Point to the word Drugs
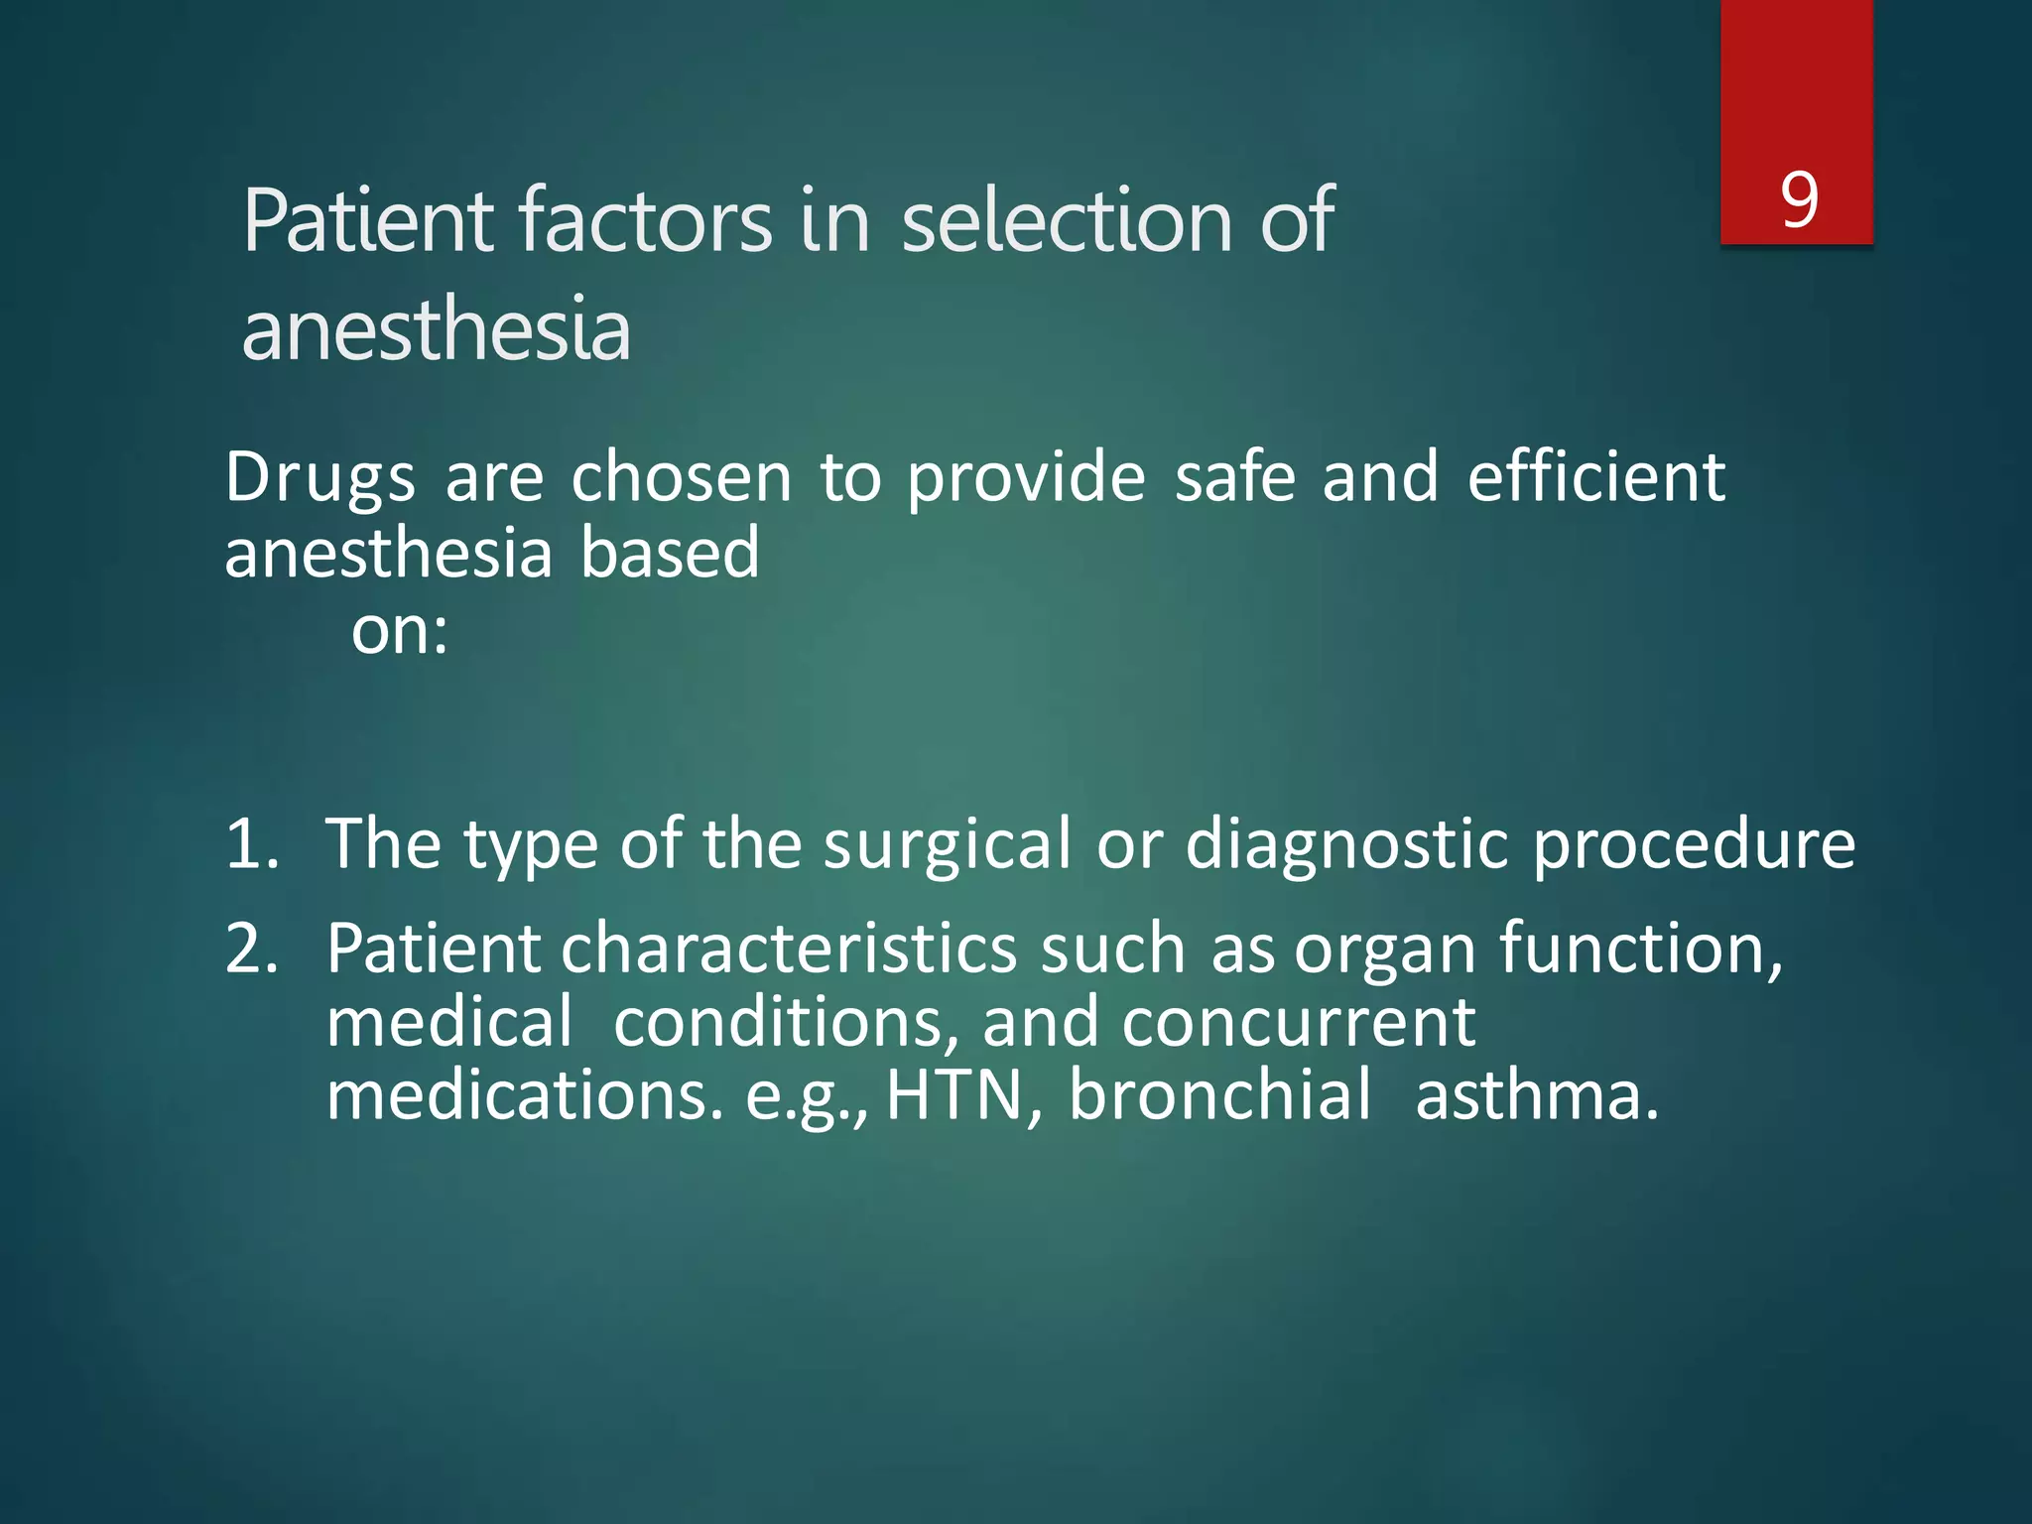(319, 479)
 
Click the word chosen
(681, 477)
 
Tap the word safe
(1234, 477)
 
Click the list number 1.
(251, 845)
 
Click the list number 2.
(251, 950)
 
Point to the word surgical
(947, 845)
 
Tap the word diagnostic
(1346, 845)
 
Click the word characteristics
(789, 950)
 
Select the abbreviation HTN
(953, 1096)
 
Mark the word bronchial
(1219, 1096)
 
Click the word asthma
(1536, 1096)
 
